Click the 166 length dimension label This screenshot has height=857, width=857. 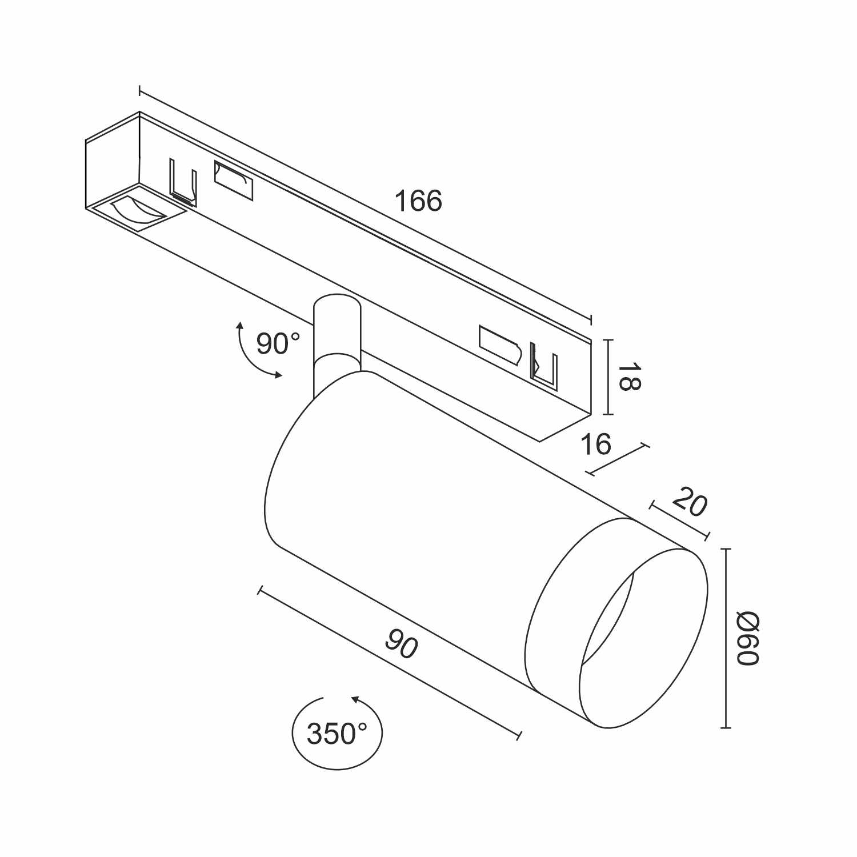click(419, 201)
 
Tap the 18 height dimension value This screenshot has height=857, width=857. click(628, 376)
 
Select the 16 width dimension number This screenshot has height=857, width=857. click(595, 444)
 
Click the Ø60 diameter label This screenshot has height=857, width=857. click(747, 638)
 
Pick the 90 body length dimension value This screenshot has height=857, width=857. click(402, 644)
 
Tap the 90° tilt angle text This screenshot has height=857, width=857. click(278, 343)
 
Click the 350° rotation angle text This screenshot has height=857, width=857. click(337, 734)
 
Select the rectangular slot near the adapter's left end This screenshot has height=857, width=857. click(233, 181)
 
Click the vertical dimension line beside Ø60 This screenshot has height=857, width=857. click(726, 638)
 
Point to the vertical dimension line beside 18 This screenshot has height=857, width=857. click(609, 377)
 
